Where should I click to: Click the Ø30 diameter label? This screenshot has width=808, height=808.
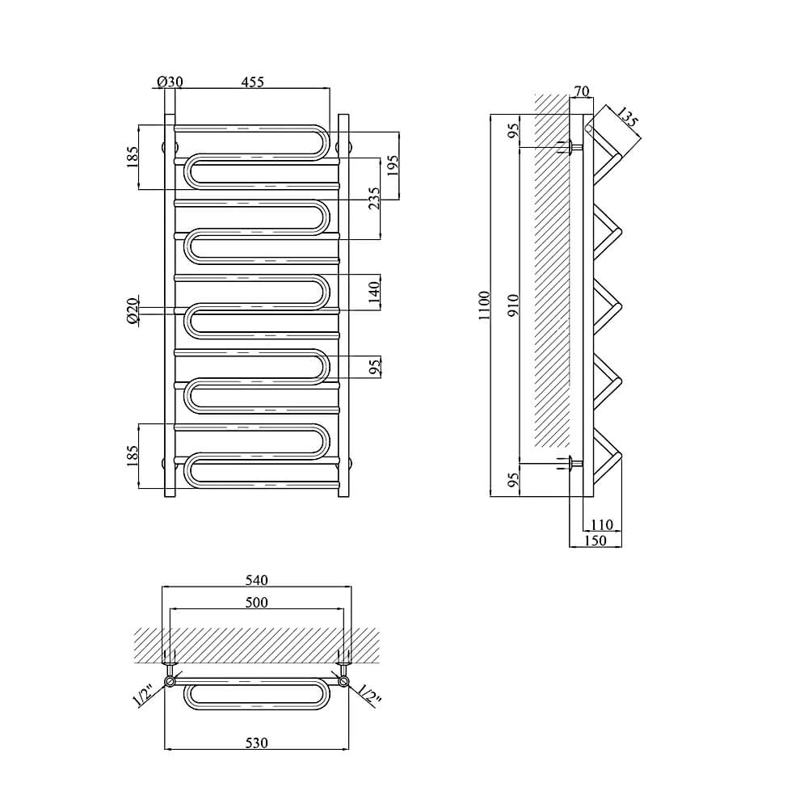point(170,82)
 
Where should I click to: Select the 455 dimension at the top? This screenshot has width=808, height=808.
point(252,82)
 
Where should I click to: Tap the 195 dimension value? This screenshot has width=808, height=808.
point(393,166)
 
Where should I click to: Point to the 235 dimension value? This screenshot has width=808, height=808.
point(374,198)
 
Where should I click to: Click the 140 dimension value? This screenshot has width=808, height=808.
point(375,292)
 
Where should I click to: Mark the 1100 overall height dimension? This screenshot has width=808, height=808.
point(484,305)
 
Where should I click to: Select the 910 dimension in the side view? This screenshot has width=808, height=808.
point(514,305)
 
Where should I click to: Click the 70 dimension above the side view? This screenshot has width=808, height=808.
point(581,91)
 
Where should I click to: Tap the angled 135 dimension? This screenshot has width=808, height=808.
point(627,117)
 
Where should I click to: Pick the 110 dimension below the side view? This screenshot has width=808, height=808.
point(601,524)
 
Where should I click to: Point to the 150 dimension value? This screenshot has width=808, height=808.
point(595,541)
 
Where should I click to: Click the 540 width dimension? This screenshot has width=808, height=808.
point(257,580)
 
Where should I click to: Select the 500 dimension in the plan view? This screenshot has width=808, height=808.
point(257,602)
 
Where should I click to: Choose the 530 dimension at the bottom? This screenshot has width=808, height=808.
point(257,743)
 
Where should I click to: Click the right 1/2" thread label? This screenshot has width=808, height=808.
point(369,696)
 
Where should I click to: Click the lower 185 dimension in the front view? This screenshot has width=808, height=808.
point(133,456)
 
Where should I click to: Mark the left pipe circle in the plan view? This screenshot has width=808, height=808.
point(170,682)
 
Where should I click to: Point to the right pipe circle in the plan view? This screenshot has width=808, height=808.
point(343,682)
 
